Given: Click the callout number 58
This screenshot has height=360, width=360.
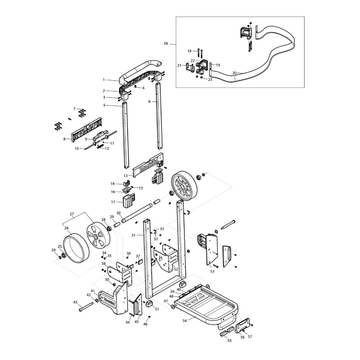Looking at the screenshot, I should (x=166, y=44).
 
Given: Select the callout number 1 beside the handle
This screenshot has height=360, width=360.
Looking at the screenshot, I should (x=104, y=80).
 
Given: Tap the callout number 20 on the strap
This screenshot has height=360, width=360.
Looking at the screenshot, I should (x=234, y=73).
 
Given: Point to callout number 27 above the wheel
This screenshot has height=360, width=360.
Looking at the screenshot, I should (x=72, y=214).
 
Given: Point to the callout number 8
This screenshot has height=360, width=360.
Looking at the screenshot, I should (x=64, y=139).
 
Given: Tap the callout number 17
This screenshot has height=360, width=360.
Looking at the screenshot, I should (x=113, y=202).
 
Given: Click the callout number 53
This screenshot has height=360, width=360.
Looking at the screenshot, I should (x=212, y=271).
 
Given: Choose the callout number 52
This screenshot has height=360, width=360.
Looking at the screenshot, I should (x=176, y=269).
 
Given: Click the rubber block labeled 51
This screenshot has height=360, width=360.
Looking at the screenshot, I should (x=149, y=304).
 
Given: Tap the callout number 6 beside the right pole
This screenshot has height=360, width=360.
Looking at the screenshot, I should (x=150, y=102).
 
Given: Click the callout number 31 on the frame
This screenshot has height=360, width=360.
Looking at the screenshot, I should (x=133, y=235).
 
